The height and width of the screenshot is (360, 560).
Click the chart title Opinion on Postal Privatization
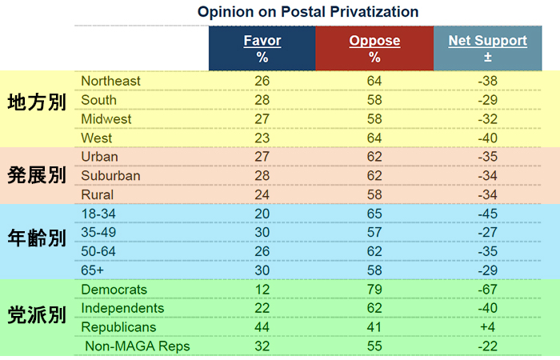click(x=308, y=12)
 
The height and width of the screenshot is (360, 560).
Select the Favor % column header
click(x=262, y=49)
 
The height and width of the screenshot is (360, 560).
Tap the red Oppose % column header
click(x=374, y=49)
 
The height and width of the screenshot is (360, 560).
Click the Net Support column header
click(x=487, y=49)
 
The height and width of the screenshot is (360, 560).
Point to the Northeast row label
click(x=110, y=81)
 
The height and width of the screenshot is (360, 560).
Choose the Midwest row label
click(x=106, y=119)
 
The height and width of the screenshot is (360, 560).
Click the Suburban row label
click(x=110, y=176)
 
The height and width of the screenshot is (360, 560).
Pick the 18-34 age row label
click(x=98, y=214)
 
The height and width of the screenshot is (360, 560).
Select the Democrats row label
click(x=114, y=290)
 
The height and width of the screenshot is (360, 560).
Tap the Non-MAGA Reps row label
click(x=138, y=346)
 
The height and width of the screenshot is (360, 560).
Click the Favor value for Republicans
click(x=262, y=327)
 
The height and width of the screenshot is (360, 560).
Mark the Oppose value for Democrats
click(x=374, y=290)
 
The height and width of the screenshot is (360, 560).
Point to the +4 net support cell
click(x=487, y=327)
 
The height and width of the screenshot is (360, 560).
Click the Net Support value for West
click(x=487, y=138)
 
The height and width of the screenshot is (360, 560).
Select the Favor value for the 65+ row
click(x=262, y=270)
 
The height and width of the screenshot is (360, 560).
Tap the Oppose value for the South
click(x=374, y=100)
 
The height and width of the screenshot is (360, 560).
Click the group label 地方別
click(x=37, y=102)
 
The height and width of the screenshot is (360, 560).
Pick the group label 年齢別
click(x=37, y=238)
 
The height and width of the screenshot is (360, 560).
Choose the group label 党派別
click(x=37, y=315)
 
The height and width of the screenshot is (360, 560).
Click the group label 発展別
click(x=37, y=175)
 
